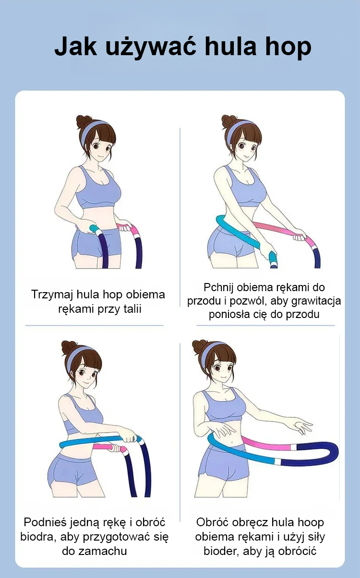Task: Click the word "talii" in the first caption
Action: [132, 308]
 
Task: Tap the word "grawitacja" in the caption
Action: [316, 301]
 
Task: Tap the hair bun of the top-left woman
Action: [84, 121]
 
